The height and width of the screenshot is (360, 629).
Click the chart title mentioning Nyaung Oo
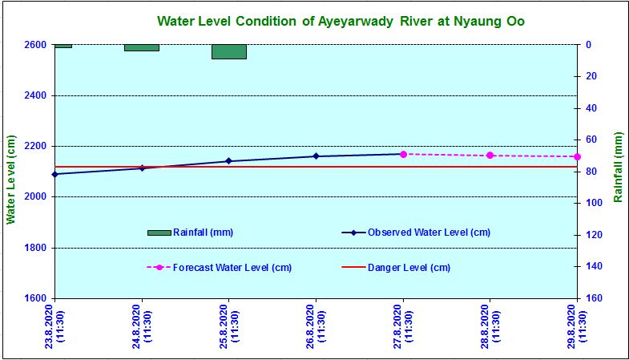[341, 21]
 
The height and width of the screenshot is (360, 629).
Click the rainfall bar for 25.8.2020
[229, 51]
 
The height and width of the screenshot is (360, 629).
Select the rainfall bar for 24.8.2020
[142, 47]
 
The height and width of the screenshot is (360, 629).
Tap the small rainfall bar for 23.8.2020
[63, 46]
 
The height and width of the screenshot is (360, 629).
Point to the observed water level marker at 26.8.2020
[316, 156]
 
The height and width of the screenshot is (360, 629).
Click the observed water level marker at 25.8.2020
[229, 161]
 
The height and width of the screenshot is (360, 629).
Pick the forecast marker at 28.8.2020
[490, 156]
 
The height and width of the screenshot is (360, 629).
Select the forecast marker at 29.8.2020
[577, 156]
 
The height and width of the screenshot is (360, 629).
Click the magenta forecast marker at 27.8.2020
[403, 154]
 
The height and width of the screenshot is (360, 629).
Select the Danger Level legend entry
[409, 267]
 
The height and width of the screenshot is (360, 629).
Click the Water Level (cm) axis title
[11, 179]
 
